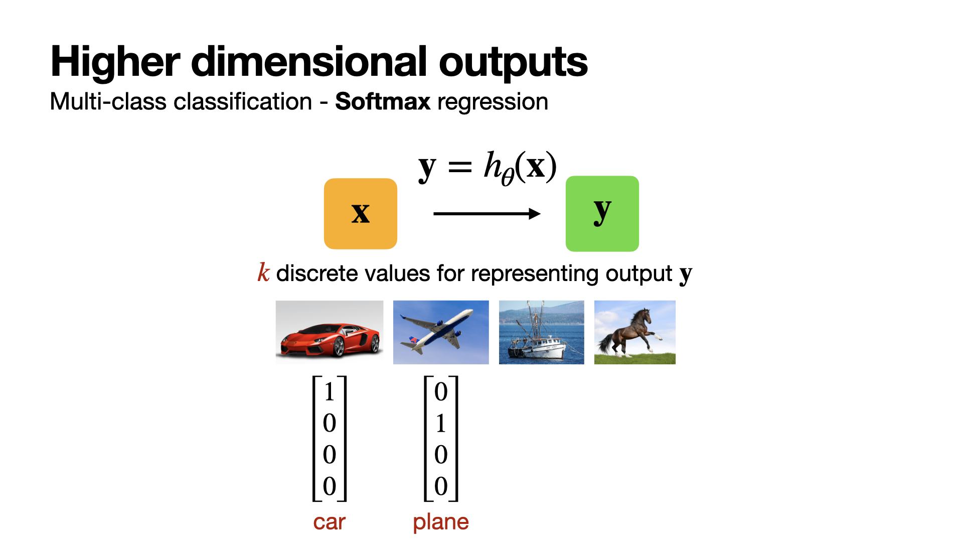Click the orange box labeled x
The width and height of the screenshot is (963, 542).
361,214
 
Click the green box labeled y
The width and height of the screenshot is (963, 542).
602,214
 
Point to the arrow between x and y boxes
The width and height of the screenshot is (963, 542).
487,214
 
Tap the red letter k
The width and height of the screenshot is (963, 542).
264,273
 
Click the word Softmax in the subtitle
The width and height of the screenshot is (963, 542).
383,102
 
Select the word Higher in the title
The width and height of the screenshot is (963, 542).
115,62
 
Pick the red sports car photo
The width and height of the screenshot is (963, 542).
330,332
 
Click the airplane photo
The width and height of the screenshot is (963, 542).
441,332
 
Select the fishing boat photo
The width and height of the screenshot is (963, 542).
542,332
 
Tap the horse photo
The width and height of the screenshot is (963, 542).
635,332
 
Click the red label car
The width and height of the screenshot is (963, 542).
330,522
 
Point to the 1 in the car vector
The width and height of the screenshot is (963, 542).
330,391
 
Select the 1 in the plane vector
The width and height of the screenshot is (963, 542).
441,423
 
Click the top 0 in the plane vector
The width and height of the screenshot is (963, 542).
441,391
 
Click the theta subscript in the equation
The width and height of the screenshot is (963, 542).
508,177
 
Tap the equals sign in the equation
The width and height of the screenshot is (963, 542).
460,167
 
